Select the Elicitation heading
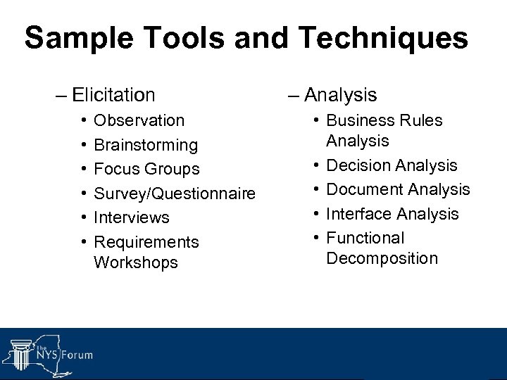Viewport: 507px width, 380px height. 113,94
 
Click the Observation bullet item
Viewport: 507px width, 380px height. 139,120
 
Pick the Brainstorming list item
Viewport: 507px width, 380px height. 146,145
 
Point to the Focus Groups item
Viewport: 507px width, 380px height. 146,169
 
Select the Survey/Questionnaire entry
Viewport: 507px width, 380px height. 175,194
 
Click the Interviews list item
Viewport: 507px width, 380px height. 132,217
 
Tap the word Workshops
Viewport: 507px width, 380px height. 135,262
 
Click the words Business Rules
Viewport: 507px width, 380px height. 384,120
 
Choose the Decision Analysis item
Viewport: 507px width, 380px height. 392,165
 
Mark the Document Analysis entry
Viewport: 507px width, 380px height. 398,189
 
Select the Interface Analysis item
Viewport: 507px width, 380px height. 392,214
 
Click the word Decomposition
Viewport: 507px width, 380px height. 382,258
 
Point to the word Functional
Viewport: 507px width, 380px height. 365,238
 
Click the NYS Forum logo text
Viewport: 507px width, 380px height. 67,355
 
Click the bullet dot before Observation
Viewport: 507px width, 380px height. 83,121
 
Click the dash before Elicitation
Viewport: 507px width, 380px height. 62,95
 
